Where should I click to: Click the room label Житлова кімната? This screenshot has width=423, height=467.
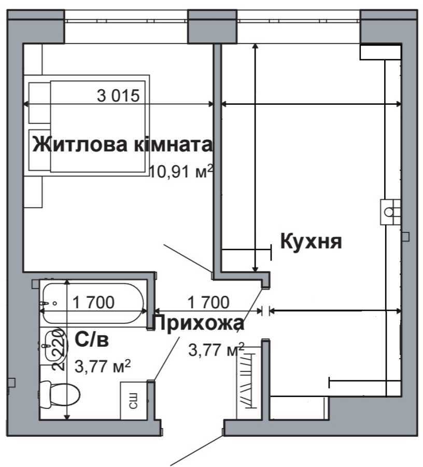point(122,145)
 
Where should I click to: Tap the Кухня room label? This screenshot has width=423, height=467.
point(311,241)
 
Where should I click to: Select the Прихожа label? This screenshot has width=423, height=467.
point(198,323)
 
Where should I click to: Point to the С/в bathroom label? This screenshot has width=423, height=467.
point(92,340)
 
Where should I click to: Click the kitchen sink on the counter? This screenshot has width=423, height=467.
point(390,211)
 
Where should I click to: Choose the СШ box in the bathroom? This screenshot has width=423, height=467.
point(132,401)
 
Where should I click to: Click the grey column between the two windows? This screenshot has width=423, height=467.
point(212,26)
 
